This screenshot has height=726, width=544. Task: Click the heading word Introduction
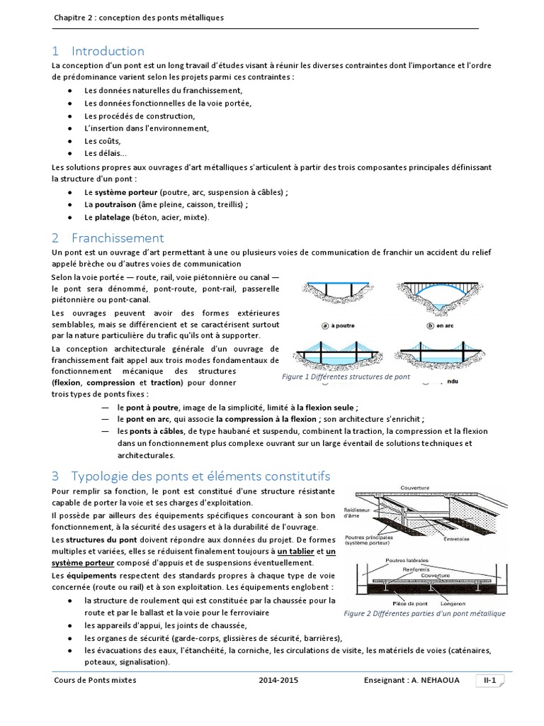tap(108, 51)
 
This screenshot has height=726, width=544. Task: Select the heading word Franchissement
tap(118, 238)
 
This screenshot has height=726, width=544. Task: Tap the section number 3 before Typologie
tap(56, 474)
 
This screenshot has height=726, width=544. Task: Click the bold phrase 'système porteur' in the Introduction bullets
tap(126, 192)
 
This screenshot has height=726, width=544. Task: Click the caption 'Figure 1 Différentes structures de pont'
tap(346, 377)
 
